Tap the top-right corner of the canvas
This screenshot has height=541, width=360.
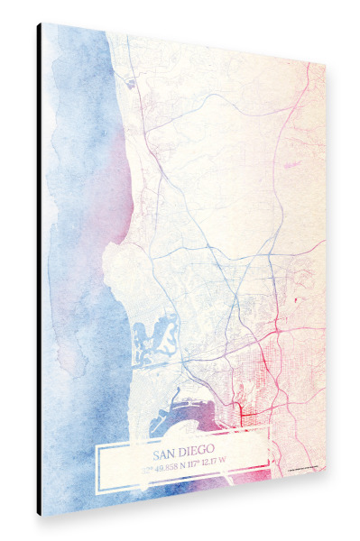click(324, 62)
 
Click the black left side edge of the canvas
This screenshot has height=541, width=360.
click(40, 270)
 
